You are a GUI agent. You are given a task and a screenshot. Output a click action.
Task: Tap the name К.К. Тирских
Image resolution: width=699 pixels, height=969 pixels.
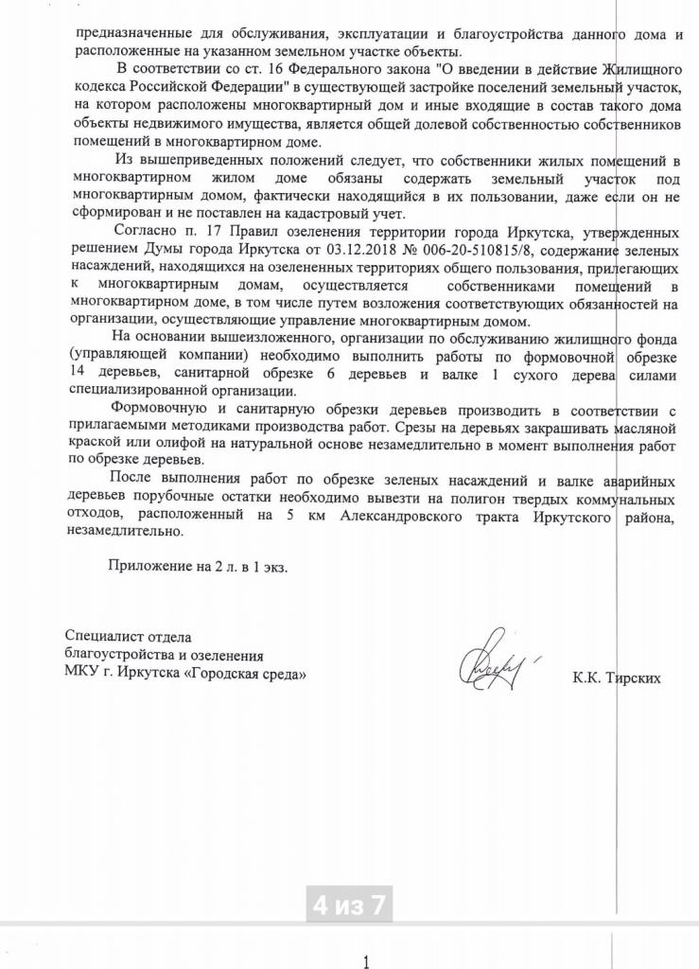click(616, 678)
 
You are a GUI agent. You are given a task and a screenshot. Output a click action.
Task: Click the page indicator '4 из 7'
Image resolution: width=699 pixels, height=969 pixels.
click(350, 905)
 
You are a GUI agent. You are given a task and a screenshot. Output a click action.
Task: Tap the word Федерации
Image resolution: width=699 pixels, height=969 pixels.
click(232, 86)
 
